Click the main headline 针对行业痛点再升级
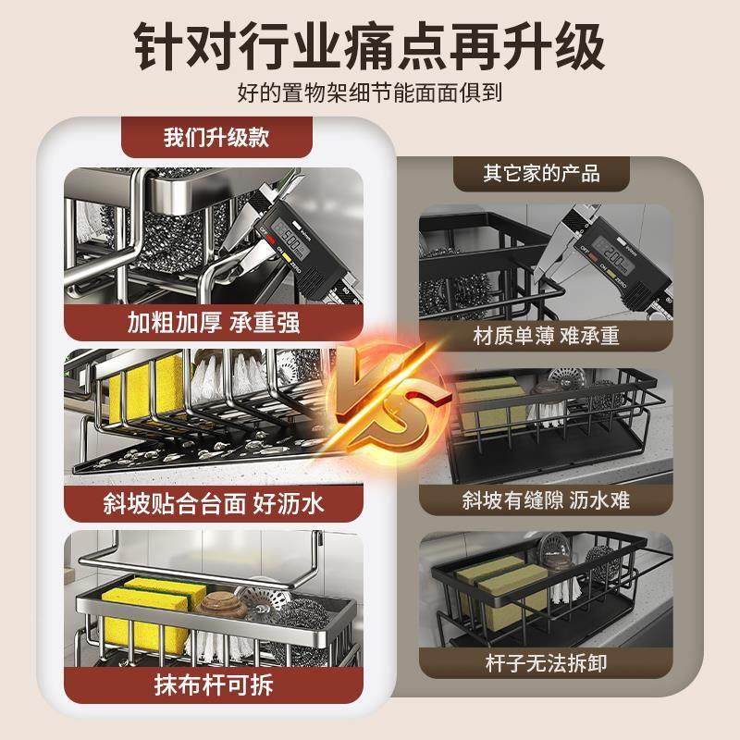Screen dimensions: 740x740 pos(370,43)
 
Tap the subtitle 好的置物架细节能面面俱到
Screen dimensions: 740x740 pos(370,93)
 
